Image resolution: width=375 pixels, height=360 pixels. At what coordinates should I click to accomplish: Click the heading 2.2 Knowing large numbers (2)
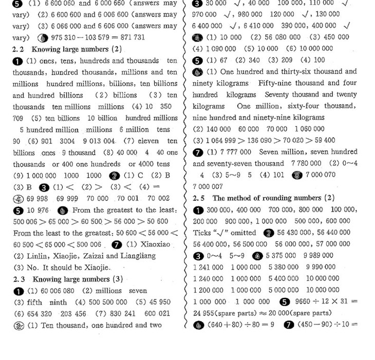(x=67, y=49)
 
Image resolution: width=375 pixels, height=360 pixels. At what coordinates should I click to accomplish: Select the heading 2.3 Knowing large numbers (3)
(x=67, y=279)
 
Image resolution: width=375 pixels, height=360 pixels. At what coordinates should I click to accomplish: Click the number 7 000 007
(x=208, y=186)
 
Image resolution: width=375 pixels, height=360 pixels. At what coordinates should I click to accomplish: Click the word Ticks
(x=205, y=232)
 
